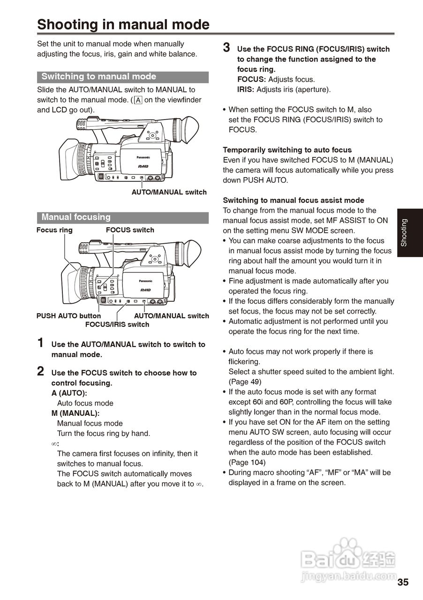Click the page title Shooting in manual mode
(123, 24)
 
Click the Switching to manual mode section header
(99, 77)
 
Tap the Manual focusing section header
(76, 217)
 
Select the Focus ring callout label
(54, 230)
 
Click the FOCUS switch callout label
(130, 230)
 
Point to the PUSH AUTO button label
(68, 316)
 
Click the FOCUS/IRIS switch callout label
(117, 324)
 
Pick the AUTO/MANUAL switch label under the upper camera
(169, 192)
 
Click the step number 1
(41, 343)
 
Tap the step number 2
(41, 372)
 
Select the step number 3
(227, 48)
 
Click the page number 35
(403, 583)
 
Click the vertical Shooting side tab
(404, 232)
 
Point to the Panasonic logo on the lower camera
(145, 281)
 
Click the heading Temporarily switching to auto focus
(287, 150)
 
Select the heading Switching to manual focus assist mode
(294, 200)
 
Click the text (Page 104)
(247, 463)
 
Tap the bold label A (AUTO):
(69, 393)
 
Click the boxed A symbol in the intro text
(138, 100)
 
